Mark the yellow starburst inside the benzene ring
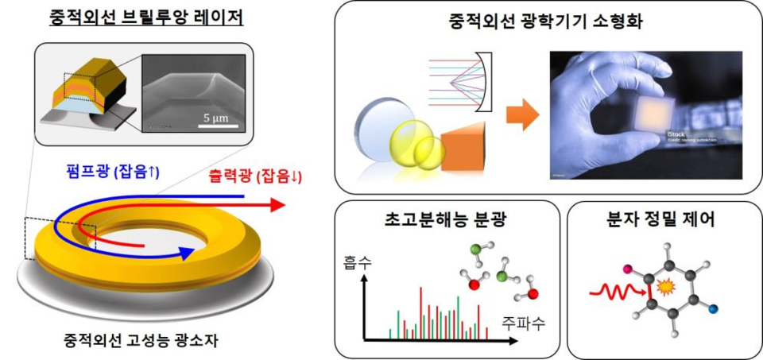665,285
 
